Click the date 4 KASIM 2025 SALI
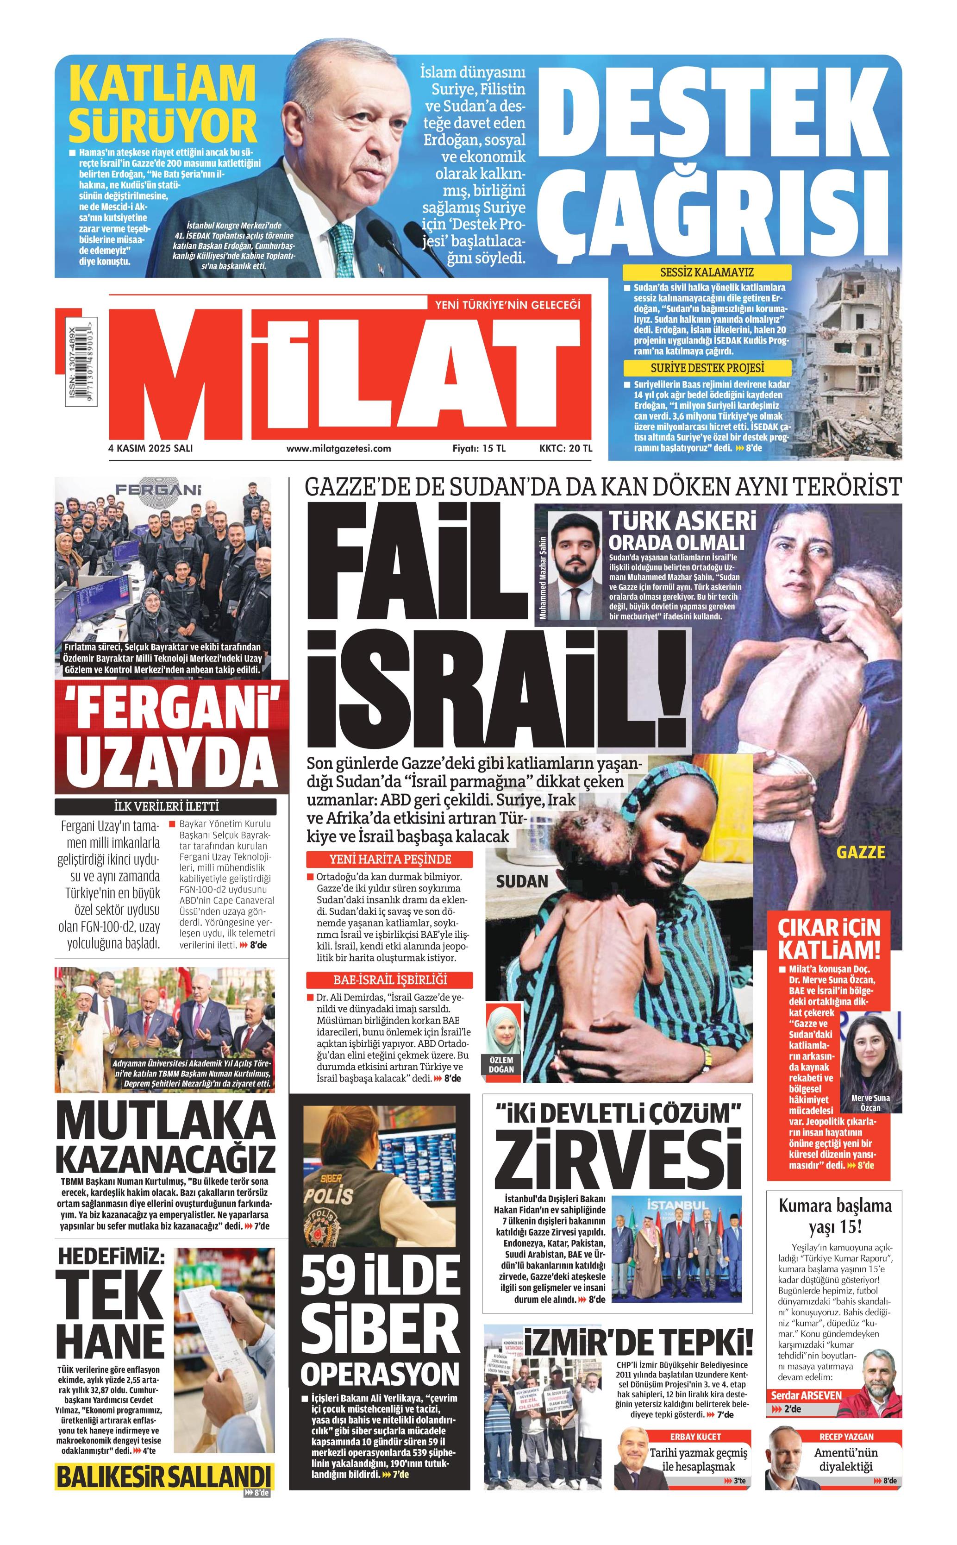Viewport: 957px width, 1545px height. pos(150,448)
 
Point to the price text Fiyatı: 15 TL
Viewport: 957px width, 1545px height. pos(479,448)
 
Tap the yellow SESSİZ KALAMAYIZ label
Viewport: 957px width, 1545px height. pos(707,272)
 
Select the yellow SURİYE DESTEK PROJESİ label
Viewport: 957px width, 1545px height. pos(707,368)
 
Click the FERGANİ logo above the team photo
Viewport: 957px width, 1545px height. pos(158,489)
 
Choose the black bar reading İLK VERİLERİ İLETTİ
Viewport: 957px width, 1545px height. pos(165,806)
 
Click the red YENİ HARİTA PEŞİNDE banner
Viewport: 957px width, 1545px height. pos(390,859)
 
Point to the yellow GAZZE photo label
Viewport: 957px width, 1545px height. pos(860,851)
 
